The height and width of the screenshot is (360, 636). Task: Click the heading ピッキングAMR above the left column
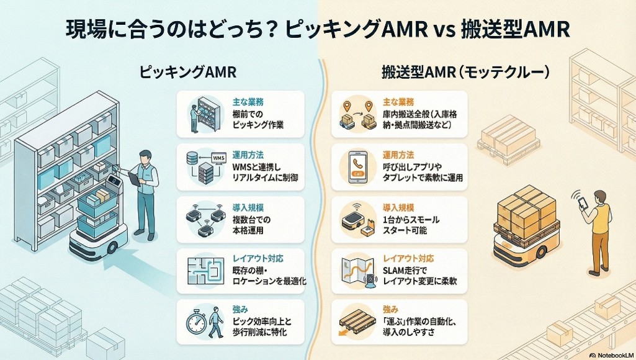pos(187,72)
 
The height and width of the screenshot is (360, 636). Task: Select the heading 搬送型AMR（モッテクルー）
pos(465,72)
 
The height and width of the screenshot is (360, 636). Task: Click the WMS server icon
pos(205,164)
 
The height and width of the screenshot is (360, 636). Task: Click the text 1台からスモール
pos(413,218)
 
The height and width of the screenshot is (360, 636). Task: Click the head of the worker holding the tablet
pos(145,156)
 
